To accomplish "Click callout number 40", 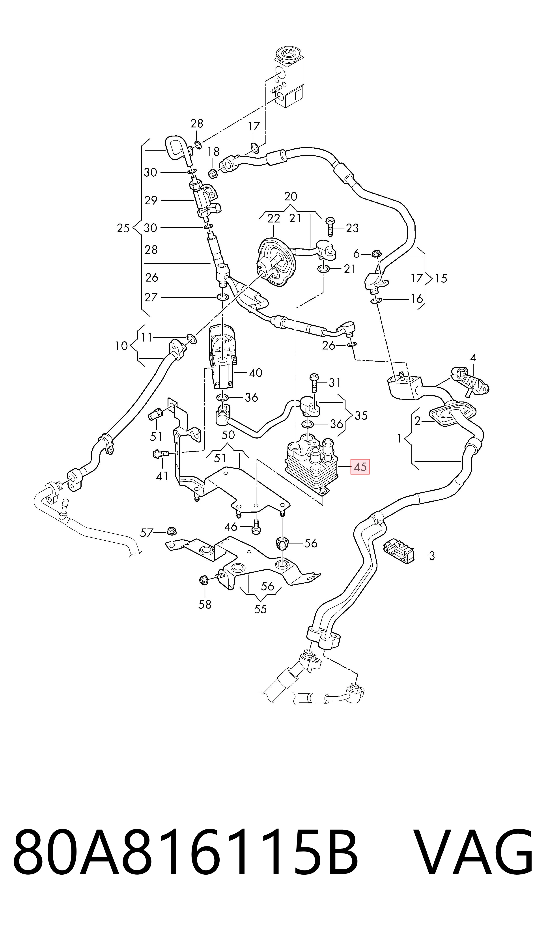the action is (x=256, y=373).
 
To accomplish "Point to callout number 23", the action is (x=352, y=228).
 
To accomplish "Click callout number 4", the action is (x=473, y=357).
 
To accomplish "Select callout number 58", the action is (x=205, y=604).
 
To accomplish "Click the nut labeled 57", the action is (x=171, y=531).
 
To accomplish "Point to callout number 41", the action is (x=162, y=476).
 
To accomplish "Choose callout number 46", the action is (x=231, y=527).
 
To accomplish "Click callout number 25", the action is (x=123, y=228).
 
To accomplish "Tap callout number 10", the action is (x=121, y=346).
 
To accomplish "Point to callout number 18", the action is (x=213, y=151).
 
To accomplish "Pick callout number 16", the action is (x=417, y=299).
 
